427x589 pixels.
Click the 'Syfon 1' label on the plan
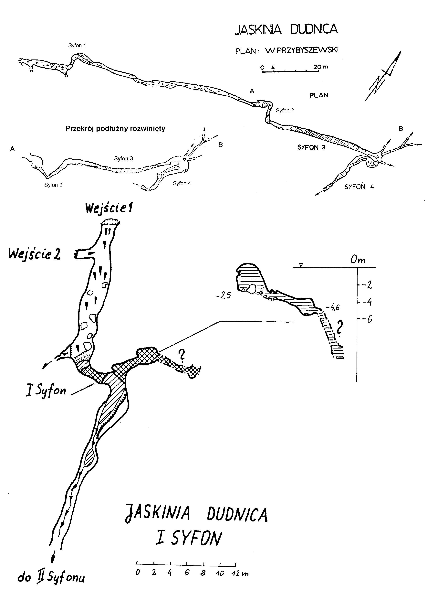[77, 46]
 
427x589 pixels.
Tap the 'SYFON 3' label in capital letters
[311, 147]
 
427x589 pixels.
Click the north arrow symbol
[383, 76]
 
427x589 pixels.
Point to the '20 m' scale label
[321, 67]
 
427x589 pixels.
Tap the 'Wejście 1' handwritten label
[109, 208]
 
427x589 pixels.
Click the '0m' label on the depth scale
[358, 260]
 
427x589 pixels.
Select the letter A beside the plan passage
[252, 91]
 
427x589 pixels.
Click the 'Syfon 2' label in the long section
[53, 185]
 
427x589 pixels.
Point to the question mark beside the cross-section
[338, 327]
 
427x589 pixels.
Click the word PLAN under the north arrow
[319, 95]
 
